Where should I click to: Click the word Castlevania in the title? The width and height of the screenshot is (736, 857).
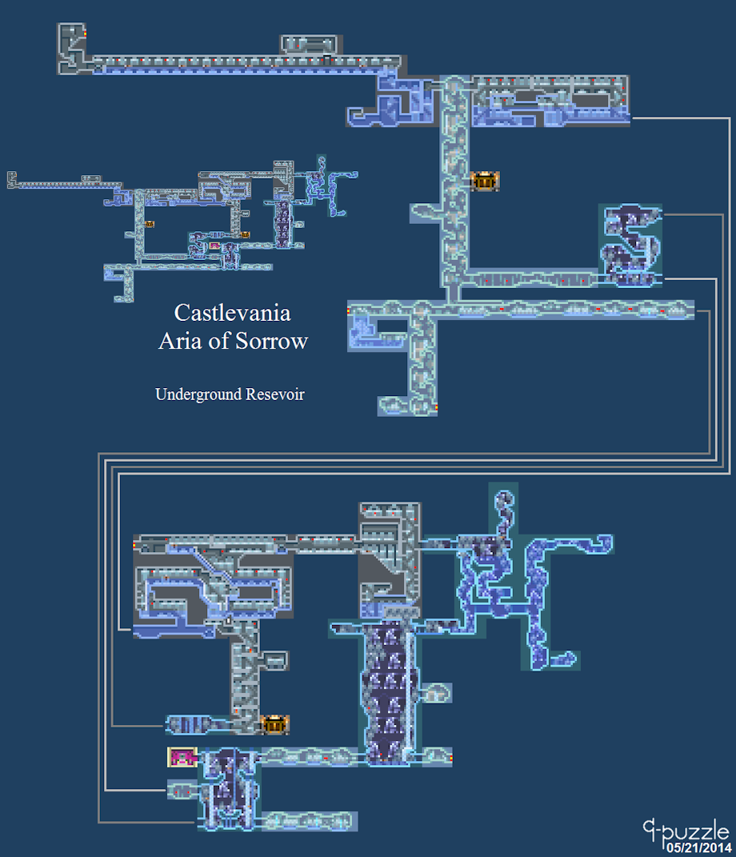pyautogui.click(x=232, y=313)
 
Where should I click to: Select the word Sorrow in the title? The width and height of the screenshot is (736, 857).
pyautogui.click(x=271, y=341)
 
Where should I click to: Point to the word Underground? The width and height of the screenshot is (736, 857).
pyautogui.click(x=198, y=394)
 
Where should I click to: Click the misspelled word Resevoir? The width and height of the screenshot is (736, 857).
pyautogui.click(x=275, y=394)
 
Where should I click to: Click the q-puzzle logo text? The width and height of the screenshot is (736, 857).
pyautogui.click(x=686, y=832)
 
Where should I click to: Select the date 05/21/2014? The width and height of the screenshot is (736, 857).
pyautogui.click(x=698, y=847)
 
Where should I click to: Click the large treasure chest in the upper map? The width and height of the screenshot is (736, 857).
pyautogui.click(x=485, y=181)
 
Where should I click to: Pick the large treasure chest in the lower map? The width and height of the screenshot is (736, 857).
pyautogui.click(x=275, y=725)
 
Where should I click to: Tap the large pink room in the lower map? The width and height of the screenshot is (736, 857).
pyautogui.click(x=182, y=758)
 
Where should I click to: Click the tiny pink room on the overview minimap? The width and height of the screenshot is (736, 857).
pyautogui.click(x=214, y=246)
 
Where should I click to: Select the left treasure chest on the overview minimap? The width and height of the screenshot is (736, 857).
pyautogui.click(x=149, y=224)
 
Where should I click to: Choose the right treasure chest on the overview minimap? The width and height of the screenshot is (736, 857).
pyautogui.click(x=246, y=234)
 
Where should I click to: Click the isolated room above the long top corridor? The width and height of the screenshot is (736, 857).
pyautogui.click(x=309, y=44)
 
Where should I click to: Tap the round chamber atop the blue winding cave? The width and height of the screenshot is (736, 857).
pyautogui.click(x=503, y=499)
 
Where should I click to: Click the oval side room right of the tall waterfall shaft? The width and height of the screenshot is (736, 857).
pyautogui.click(x=435, y=693)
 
